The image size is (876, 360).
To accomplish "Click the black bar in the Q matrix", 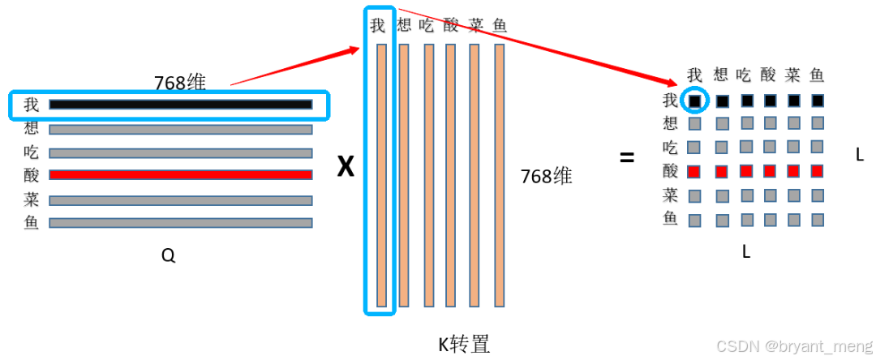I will pos(180,105).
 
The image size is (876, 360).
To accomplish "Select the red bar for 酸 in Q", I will pos(180,174).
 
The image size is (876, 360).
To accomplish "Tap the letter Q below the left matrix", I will pos(168,256).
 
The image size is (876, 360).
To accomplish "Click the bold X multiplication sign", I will pos(346,167).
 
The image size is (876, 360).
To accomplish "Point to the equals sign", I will pos(627,158).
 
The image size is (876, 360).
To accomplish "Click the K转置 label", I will pos(464,345).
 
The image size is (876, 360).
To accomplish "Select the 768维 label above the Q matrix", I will pos(180,83).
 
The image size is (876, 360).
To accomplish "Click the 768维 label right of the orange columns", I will pos(547,176).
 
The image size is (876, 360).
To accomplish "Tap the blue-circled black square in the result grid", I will pos(695,101).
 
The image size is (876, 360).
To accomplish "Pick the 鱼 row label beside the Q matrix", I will pos(32,223).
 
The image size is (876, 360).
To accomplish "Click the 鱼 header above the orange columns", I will pos(500,25).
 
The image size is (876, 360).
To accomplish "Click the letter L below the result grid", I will pos(745,252).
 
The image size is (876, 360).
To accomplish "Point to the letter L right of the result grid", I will pos(860,154).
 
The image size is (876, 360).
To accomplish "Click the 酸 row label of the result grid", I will pos(670,171).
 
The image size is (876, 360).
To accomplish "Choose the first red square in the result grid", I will pos(694,172).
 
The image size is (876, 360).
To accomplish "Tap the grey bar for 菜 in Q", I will pos(180,200).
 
